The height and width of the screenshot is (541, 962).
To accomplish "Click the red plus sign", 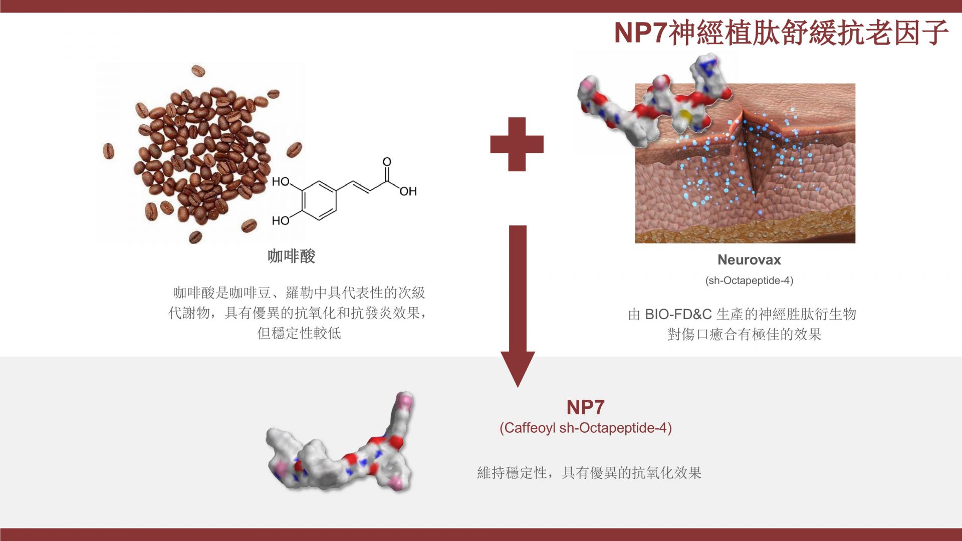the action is (517, 144).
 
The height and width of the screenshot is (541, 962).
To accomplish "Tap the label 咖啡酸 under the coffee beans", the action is (291, 256).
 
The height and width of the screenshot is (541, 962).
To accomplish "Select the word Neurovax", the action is (749, 259).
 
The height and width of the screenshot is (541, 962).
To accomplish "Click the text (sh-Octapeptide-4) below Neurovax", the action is (749, 281).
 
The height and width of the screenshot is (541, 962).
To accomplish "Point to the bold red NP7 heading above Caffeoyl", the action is (585, 407).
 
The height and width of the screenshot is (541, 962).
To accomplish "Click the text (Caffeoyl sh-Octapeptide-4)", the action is (585, 428).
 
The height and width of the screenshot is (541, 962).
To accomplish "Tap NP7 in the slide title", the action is (641, 33).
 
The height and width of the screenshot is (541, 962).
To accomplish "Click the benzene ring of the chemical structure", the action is (319, 200).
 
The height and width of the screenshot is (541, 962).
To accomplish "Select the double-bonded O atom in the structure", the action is (387, 162).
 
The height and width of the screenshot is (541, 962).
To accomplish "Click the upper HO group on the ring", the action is (281, 181).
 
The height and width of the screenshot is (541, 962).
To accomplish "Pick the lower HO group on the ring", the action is (281, 220).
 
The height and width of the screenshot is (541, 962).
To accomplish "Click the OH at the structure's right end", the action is (408, 191).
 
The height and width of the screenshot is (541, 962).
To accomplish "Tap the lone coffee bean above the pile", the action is (198, 71).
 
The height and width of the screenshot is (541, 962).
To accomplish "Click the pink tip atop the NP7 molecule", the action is (405, 401).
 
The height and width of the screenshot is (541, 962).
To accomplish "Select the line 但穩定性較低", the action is (299, 333).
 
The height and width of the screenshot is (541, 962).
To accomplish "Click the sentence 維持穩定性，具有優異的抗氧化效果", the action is (589, 472).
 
